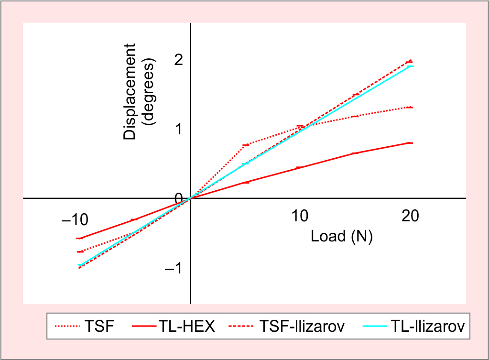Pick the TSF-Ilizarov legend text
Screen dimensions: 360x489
coord(302,327)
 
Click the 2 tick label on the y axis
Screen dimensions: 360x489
coord(179,60)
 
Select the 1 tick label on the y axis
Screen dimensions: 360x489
coord(179,130)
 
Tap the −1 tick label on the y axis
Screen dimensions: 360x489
coord(174,268)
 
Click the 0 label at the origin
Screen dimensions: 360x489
coord(179,198)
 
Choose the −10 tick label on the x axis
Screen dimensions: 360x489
coord(75,219)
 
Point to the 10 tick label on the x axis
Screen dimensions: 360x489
coord(300,216)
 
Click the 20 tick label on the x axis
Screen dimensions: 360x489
coord(410,216)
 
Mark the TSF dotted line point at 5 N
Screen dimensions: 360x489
coord(246,145)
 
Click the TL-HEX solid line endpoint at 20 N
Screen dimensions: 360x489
coord(409,143)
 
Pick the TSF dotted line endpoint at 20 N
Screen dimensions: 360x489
coord(409,107)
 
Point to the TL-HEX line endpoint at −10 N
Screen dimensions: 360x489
coord(80,238)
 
